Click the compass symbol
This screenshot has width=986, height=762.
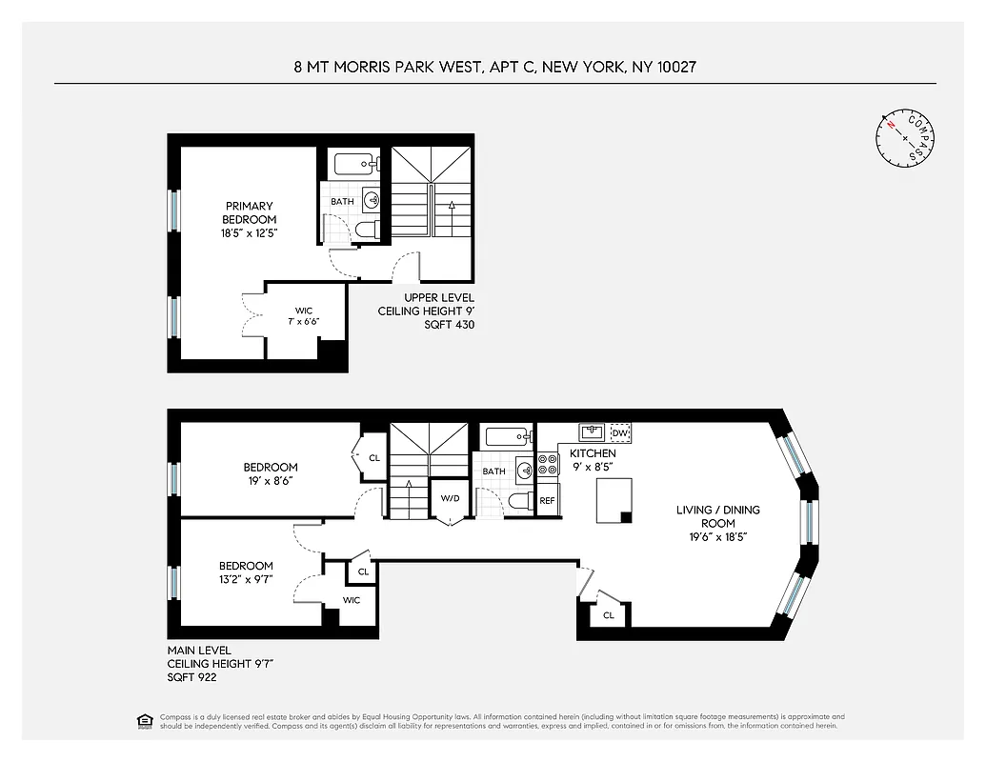pyautogui.click(x=905, y=139)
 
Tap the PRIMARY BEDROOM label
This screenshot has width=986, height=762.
pyautogui.click(x=250, y=219)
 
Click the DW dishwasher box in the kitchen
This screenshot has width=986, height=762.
pyautogui.click(x=620, y=433)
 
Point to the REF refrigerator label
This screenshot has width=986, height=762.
pyautogui.click(x=547, y=500)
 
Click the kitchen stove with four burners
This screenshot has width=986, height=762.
pyautogui.click(x=548, y=465)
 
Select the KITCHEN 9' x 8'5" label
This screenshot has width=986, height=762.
pyautogui.click(x=593, y=460)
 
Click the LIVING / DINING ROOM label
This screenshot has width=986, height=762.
pyautogui.click(x=718, y=523)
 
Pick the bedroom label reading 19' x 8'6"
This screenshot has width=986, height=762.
pyautogui.click(x=271, y=473)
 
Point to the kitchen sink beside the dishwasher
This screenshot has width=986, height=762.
pyautogui.click(x=592, y=433)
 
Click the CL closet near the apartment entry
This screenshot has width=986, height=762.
pyautogui.click(x=608, y=616)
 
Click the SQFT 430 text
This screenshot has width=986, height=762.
pyautogui.click(x=449, y=325)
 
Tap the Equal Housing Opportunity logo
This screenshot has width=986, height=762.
pyautogui.click(x=144, y=721)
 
